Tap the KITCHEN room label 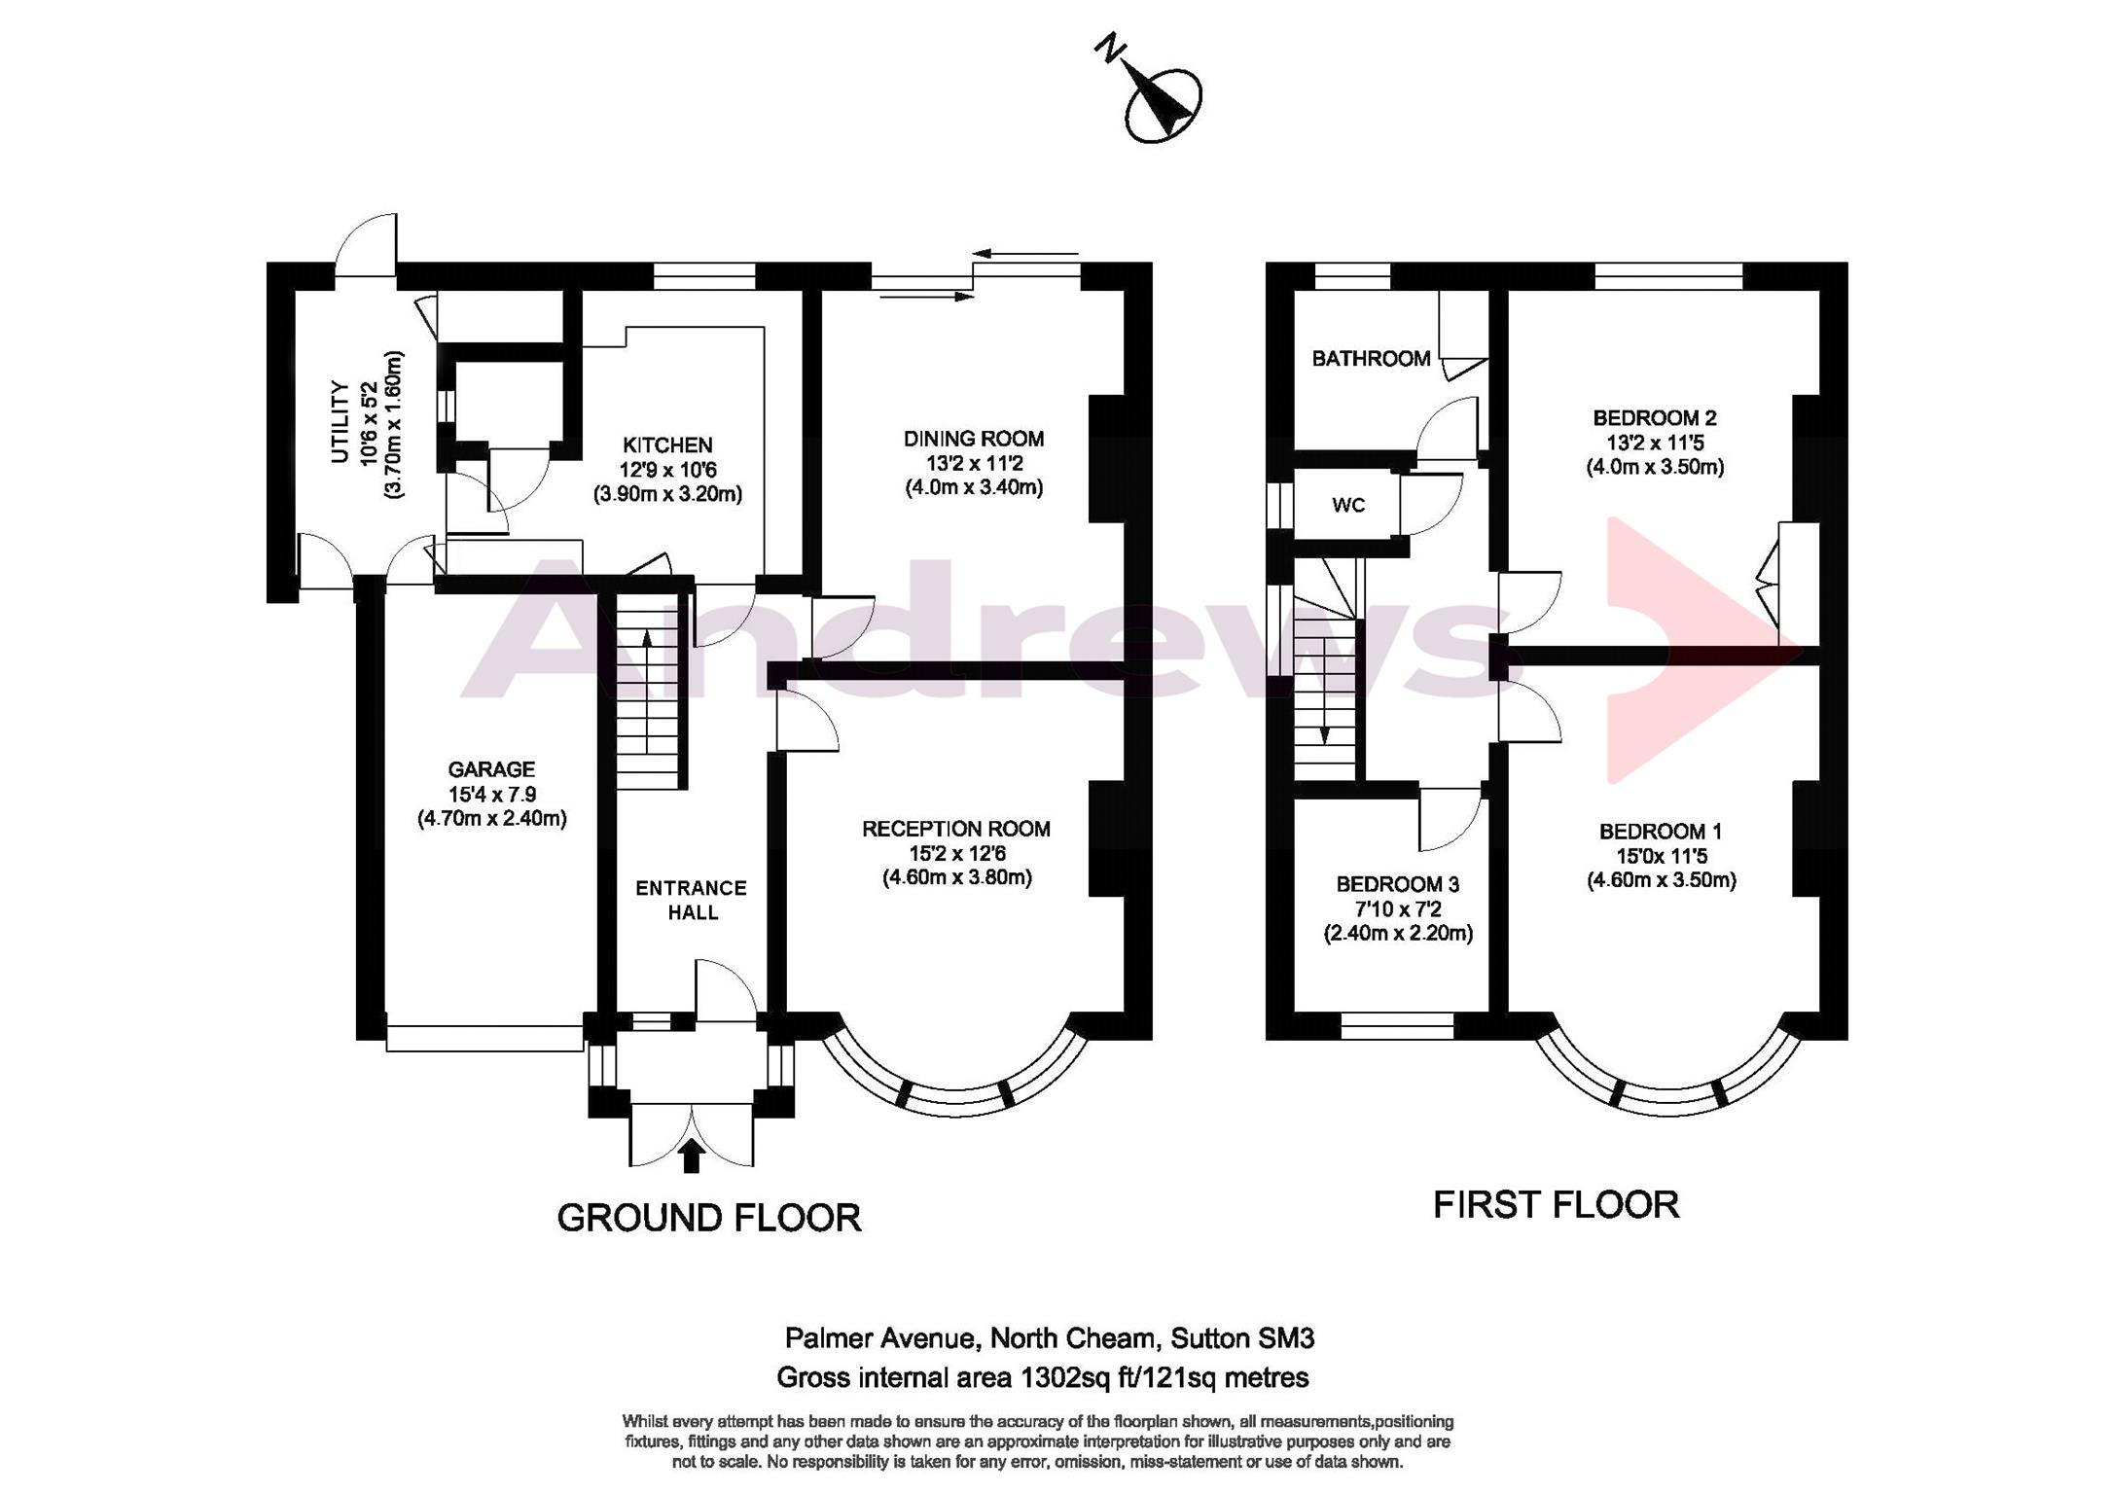pos(667,445)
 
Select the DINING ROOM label pos(974,439)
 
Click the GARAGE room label pos(491,769)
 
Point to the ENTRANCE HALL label pos(692,900)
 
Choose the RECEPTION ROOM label pos(956,829)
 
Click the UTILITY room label pos(340,422)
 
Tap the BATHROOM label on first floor pos(1371,359)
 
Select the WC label pos(1348,506)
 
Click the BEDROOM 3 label pos(1397,884)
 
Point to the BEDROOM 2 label pos(1655,418)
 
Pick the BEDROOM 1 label pos(1661,832)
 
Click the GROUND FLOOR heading pos(709,1218)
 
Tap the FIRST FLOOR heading pos(1556,1205)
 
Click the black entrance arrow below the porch pos(692,1156)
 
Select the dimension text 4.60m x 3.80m pos(957,877)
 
